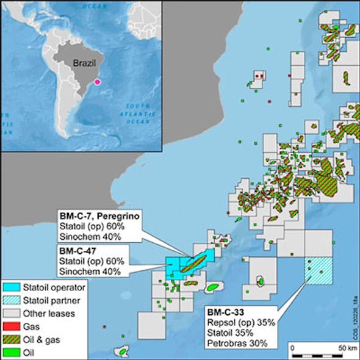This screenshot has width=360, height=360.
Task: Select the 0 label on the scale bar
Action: (x=292, y=348)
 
